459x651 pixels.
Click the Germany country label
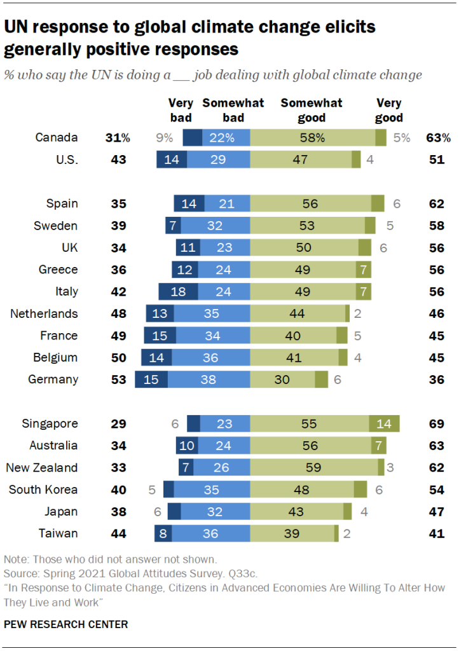click(53, 380)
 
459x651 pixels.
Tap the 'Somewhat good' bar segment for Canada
click(312, 138)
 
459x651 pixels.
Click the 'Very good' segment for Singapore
click(384, 424)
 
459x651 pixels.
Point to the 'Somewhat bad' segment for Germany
click(209, 380)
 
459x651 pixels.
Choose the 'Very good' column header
click(389, 110)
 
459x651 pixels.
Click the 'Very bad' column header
click(181, 110)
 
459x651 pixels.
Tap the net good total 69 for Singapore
click(436, 424)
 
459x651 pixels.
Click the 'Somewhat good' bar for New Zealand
click(313, 468)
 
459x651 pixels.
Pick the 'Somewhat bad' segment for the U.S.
click(218, 160)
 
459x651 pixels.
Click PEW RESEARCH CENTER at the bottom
click(65, 624)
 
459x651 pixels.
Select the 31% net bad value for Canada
click(118, 138)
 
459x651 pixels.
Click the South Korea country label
click(43, 490)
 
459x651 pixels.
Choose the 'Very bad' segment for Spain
click(189, 204)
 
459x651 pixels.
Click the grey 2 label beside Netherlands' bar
click(358, 313)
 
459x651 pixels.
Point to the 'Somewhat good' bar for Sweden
click(307, 226)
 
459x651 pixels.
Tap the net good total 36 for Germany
click(436, 380)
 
